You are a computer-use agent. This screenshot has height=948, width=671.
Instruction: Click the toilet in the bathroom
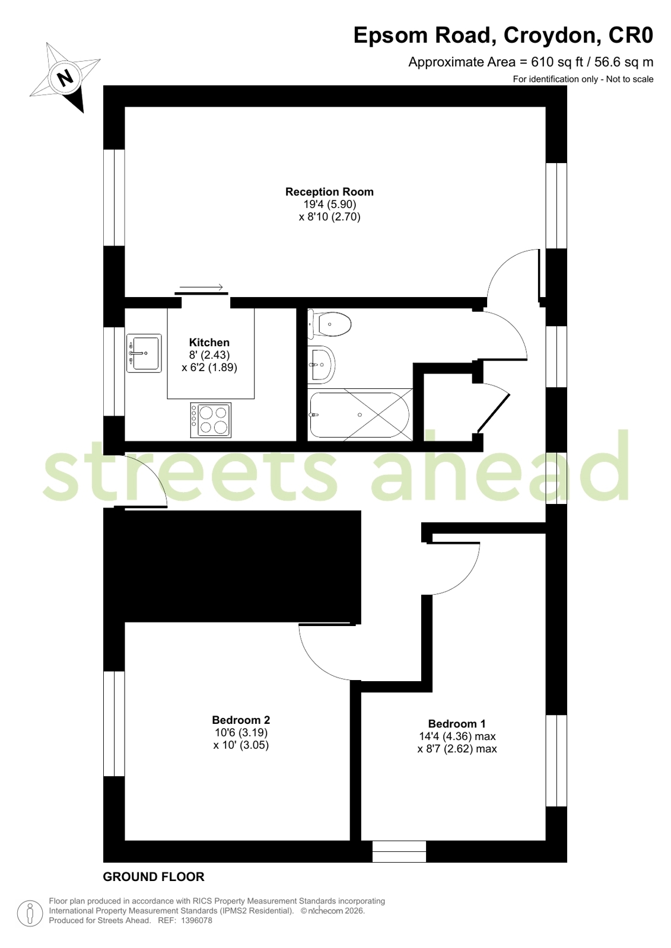331,324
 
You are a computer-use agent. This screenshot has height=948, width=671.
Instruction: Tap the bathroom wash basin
321,364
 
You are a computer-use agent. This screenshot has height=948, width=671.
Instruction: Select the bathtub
360,415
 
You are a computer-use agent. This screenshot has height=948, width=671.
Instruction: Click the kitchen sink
144,353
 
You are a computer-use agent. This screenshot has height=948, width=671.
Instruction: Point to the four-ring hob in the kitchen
211,420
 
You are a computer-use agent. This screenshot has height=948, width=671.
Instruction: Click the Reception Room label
329,191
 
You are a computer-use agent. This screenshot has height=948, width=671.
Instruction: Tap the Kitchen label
209,342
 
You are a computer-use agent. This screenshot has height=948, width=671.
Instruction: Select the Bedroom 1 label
456,723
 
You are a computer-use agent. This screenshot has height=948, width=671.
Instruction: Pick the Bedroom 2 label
241,720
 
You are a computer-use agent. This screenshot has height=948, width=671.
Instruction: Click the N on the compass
65,77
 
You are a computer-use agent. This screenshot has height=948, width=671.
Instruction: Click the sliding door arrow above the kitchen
201,288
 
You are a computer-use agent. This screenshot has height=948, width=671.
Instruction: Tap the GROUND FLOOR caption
154,876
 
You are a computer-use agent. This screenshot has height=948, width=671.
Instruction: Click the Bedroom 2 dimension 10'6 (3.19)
241,733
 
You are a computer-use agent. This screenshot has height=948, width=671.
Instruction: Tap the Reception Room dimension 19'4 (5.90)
329,205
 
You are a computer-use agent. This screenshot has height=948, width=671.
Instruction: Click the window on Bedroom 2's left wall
114,723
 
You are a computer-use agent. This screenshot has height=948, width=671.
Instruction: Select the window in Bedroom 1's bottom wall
399,851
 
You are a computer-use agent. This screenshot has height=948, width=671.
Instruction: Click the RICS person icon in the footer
30,913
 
